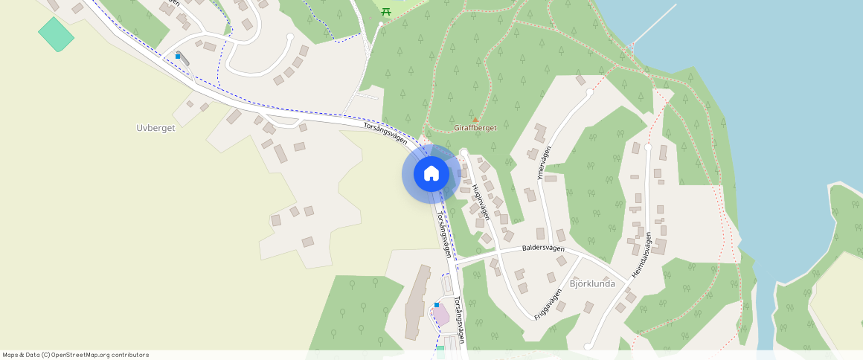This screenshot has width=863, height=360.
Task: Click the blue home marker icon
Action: click(431, 174)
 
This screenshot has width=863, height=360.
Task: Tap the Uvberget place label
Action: click(155, 128)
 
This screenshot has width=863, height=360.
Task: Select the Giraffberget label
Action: click(475, 128)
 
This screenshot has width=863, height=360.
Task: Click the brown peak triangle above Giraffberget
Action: click(475, 118)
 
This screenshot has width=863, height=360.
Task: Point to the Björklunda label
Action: click(591, 283)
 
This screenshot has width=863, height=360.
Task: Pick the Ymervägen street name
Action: click(544, 162)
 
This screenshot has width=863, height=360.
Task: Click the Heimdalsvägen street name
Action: click(642, 256)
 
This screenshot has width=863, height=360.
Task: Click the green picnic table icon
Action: click(385, 11)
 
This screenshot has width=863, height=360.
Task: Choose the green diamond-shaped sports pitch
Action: click(56, 34)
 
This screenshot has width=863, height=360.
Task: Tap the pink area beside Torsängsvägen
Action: click(440, 315)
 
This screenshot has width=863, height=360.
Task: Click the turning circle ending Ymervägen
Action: click(590, 92)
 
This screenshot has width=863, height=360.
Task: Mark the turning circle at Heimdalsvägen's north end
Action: click(647, 147)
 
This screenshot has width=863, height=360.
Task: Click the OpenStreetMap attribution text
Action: click(76, 355)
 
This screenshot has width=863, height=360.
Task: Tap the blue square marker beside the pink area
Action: click(437, 304)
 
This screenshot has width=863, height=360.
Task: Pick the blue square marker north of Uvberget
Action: click(178, 56)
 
